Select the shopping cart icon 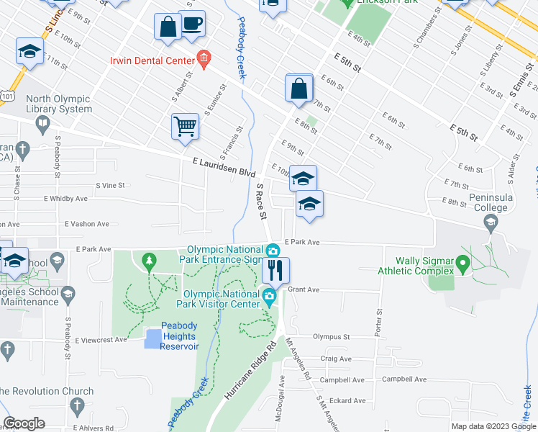(x=185, y=126)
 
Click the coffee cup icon (x=191, y=23)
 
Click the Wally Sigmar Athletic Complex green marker (x=464, y=253)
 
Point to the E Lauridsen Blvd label (x=224, y=168)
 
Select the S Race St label (x=262, y=201)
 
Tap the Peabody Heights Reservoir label (x=178, y=336)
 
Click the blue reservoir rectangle (x=153, y=338)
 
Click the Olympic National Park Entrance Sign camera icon (x=273, y=251)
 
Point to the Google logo (x=24, y=424)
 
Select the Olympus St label (x=331, y=336)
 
